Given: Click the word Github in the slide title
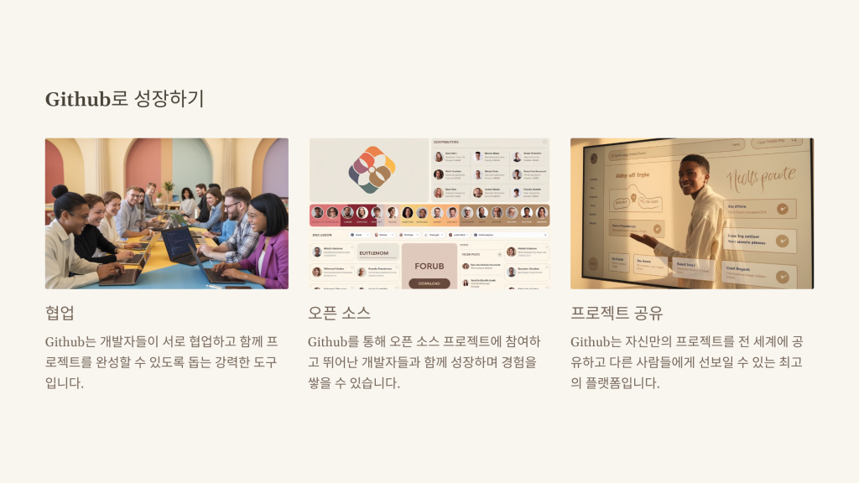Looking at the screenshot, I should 78,99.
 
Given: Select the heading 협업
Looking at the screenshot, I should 60,313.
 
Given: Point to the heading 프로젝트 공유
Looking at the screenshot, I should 617,313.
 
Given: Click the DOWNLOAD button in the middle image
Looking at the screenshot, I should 429,283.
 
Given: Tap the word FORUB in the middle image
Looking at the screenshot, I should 429,266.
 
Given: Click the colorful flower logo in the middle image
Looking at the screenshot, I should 370,169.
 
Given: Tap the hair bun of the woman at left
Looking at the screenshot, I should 60,191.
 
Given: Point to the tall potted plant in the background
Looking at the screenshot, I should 168,188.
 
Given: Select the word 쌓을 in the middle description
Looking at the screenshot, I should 322,383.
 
